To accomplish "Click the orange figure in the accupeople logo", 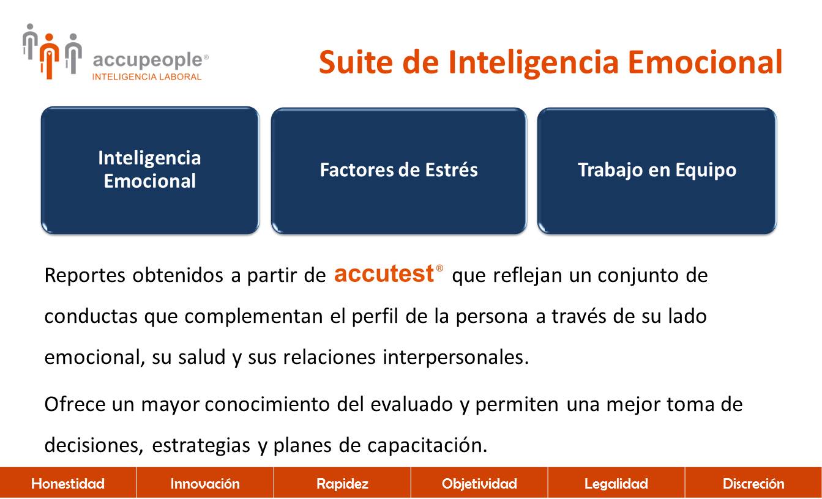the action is pos(50,56).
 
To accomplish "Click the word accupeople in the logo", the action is pos(148,60).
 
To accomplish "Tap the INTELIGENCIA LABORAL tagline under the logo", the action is pos(147,76).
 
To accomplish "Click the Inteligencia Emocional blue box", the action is pos(150,171).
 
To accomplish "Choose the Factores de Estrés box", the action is pos(399,171).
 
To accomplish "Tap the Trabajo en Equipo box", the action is pos(657,171).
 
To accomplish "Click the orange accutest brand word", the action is pos(384,273).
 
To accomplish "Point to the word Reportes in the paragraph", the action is pos(84,275).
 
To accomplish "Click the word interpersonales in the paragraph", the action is pos(456,357).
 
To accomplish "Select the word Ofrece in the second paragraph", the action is pos(75,404).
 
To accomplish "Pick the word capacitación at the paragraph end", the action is pos(427,445).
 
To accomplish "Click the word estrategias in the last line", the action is pos(201,445).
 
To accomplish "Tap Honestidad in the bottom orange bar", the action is pos(68,484).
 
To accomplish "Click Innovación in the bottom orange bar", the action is pos(205,484).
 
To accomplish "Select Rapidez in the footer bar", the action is pos(342,484).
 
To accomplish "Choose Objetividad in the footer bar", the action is pos(479,484).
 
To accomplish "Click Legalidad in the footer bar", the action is pos(616,484).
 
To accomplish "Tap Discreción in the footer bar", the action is pos(753,484).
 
